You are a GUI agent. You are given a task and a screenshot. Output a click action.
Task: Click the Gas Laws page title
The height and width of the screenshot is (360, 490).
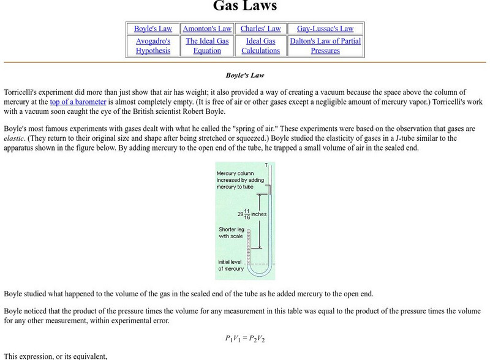(x=245, y=7)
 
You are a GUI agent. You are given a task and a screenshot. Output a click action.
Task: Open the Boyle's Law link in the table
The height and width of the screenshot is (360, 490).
(x=153, y=29)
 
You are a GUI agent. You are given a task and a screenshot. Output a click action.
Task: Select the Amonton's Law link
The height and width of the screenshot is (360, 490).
(x=207, y=29)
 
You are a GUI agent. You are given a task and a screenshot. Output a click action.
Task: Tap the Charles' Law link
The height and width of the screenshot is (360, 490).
(x=261, y=29)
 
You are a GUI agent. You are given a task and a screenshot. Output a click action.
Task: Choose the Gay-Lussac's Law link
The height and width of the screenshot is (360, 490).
(x=325, y=29)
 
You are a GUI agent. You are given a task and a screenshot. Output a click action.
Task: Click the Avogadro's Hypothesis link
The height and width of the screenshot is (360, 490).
(x=153, y=46)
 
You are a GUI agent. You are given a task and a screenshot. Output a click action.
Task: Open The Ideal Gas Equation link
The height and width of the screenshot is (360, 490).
(x=207, y=46)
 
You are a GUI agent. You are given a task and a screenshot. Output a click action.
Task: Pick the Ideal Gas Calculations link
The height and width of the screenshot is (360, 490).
(x=261, y=46)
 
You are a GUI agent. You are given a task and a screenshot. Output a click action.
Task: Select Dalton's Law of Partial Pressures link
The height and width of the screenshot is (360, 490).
(x=325, y=46)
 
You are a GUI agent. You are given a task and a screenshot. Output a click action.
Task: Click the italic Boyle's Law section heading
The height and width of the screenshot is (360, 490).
(x=245, y=75)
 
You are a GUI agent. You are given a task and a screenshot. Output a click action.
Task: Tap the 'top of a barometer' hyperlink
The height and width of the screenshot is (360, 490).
(x=78, y=102)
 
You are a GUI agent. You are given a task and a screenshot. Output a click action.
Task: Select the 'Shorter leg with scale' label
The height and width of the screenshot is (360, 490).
(x=232, y=233)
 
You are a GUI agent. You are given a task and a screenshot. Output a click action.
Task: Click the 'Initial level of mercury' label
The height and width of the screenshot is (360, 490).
(x=232, y=265)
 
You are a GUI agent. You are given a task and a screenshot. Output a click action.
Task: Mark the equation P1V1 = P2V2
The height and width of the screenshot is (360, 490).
(x=245, y=339)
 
